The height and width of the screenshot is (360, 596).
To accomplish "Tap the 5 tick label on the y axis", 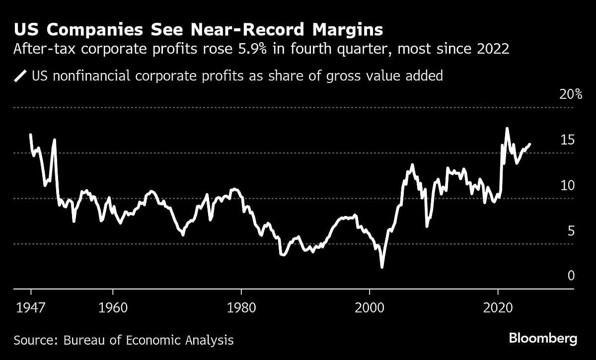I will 571,231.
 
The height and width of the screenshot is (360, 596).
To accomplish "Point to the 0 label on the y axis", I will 571,276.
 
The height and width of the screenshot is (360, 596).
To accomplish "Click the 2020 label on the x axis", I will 498,307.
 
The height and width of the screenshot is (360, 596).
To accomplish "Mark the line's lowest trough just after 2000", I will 382,267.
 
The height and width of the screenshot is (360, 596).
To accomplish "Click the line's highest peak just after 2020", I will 507,129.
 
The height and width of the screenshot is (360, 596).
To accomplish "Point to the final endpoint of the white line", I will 530,144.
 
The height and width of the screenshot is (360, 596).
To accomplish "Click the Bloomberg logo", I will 543,339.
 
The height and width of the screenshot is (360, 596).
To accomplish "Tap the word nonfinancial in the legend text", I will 88,76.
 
